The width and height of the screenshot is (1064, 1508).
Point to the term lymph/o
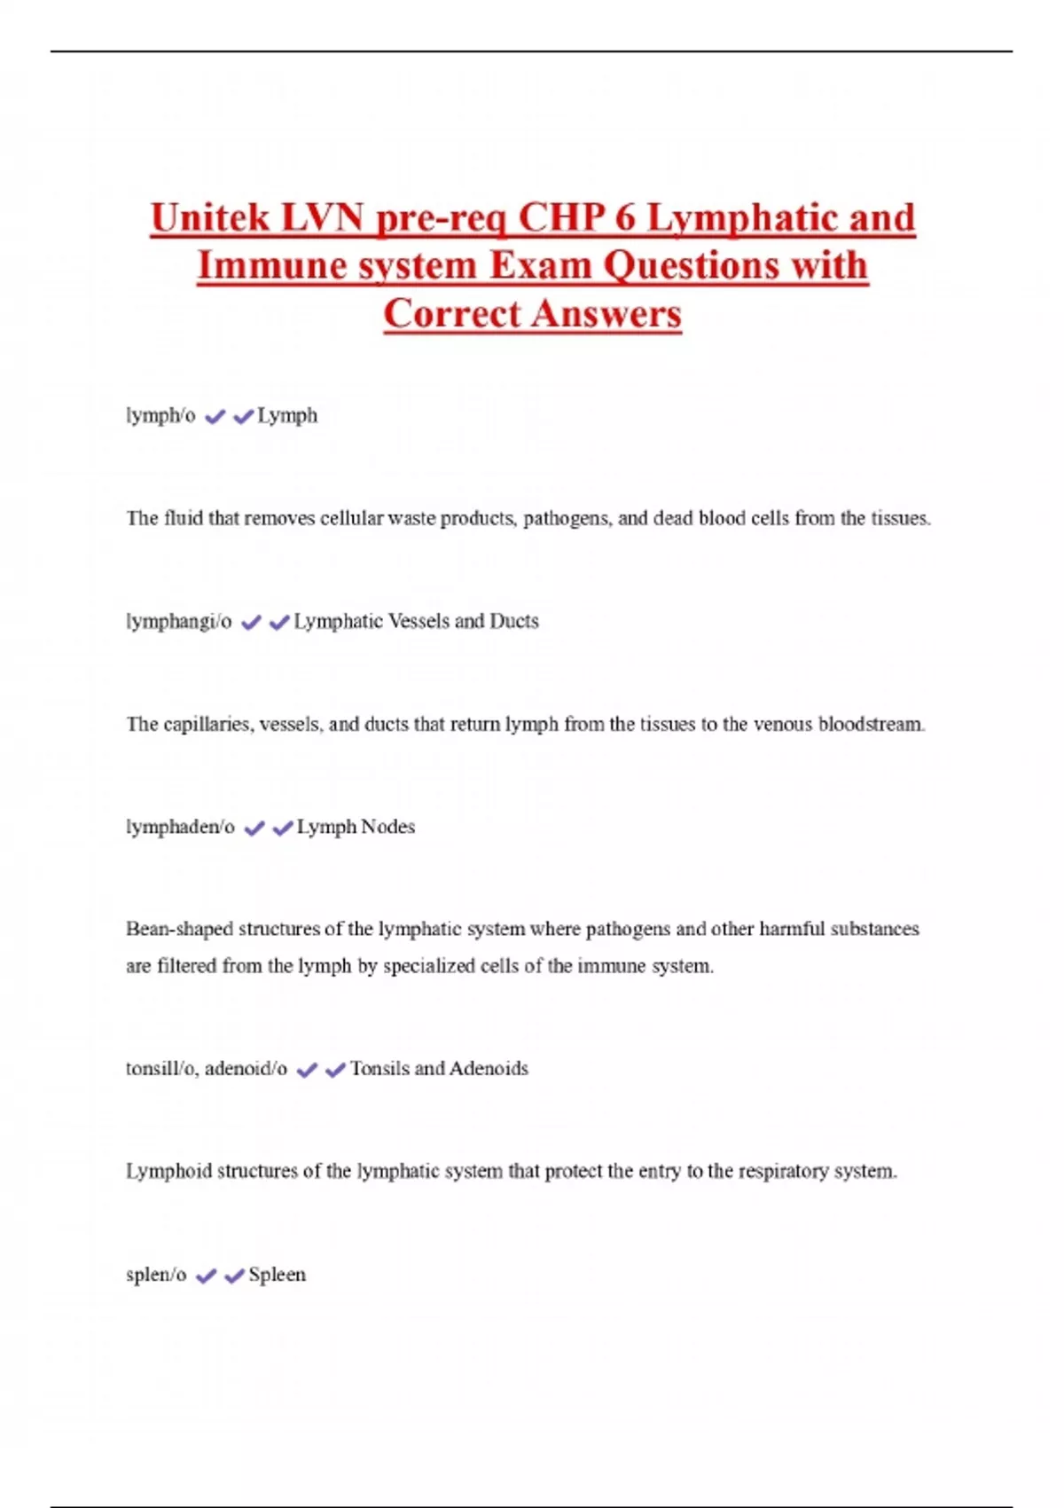[160, 415]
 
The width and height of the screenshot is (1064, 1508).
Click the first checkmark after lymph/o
[215, 416]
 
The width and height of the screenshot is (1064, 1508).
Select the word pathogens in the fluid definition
[566, 518]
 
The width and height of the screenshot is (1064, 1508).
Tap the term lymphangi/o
[178, 621]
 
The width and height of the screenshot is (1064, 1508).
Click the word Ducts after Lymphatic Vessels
[514, 621]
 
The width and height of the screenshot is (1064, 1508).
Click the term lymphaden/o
[180, 827]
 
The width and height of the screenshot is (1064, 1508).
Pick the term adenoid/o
[246, 1068]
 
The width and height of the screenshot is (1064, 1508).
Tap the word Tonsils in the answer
[379, 1068]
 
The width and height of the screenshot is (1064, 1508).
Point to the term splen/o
[156, 1275]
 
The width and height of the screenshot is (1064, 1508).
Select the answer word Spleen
[277, 1275]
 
